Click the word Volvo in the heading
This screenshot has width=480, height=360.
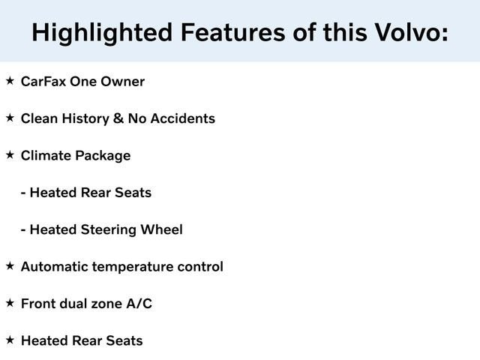coord(406,32)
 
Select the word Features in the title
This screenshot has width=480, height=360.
coord(223,32)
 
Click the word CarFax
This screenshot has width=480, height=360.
coord(43,81)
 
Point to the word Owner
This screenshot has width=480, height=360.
coord(122,81)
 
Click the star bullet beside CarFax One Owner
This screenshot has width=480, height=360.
coord(10,80)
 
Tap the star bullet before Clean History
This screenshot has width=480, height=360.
coord(10,117)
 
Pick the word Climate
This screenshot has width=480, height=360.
coord(46,155)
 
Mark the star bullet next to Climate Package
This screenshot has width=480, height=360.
coord(10,154)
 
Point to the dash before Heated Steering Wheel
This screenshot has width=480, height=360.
coord(24,230)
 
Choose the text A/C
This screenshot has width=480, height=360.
coord(138,304)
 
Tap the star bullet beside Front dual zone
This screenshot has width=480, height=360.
coord(10,302)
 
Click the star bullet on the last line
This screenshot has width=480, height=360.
coord(10,339)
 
